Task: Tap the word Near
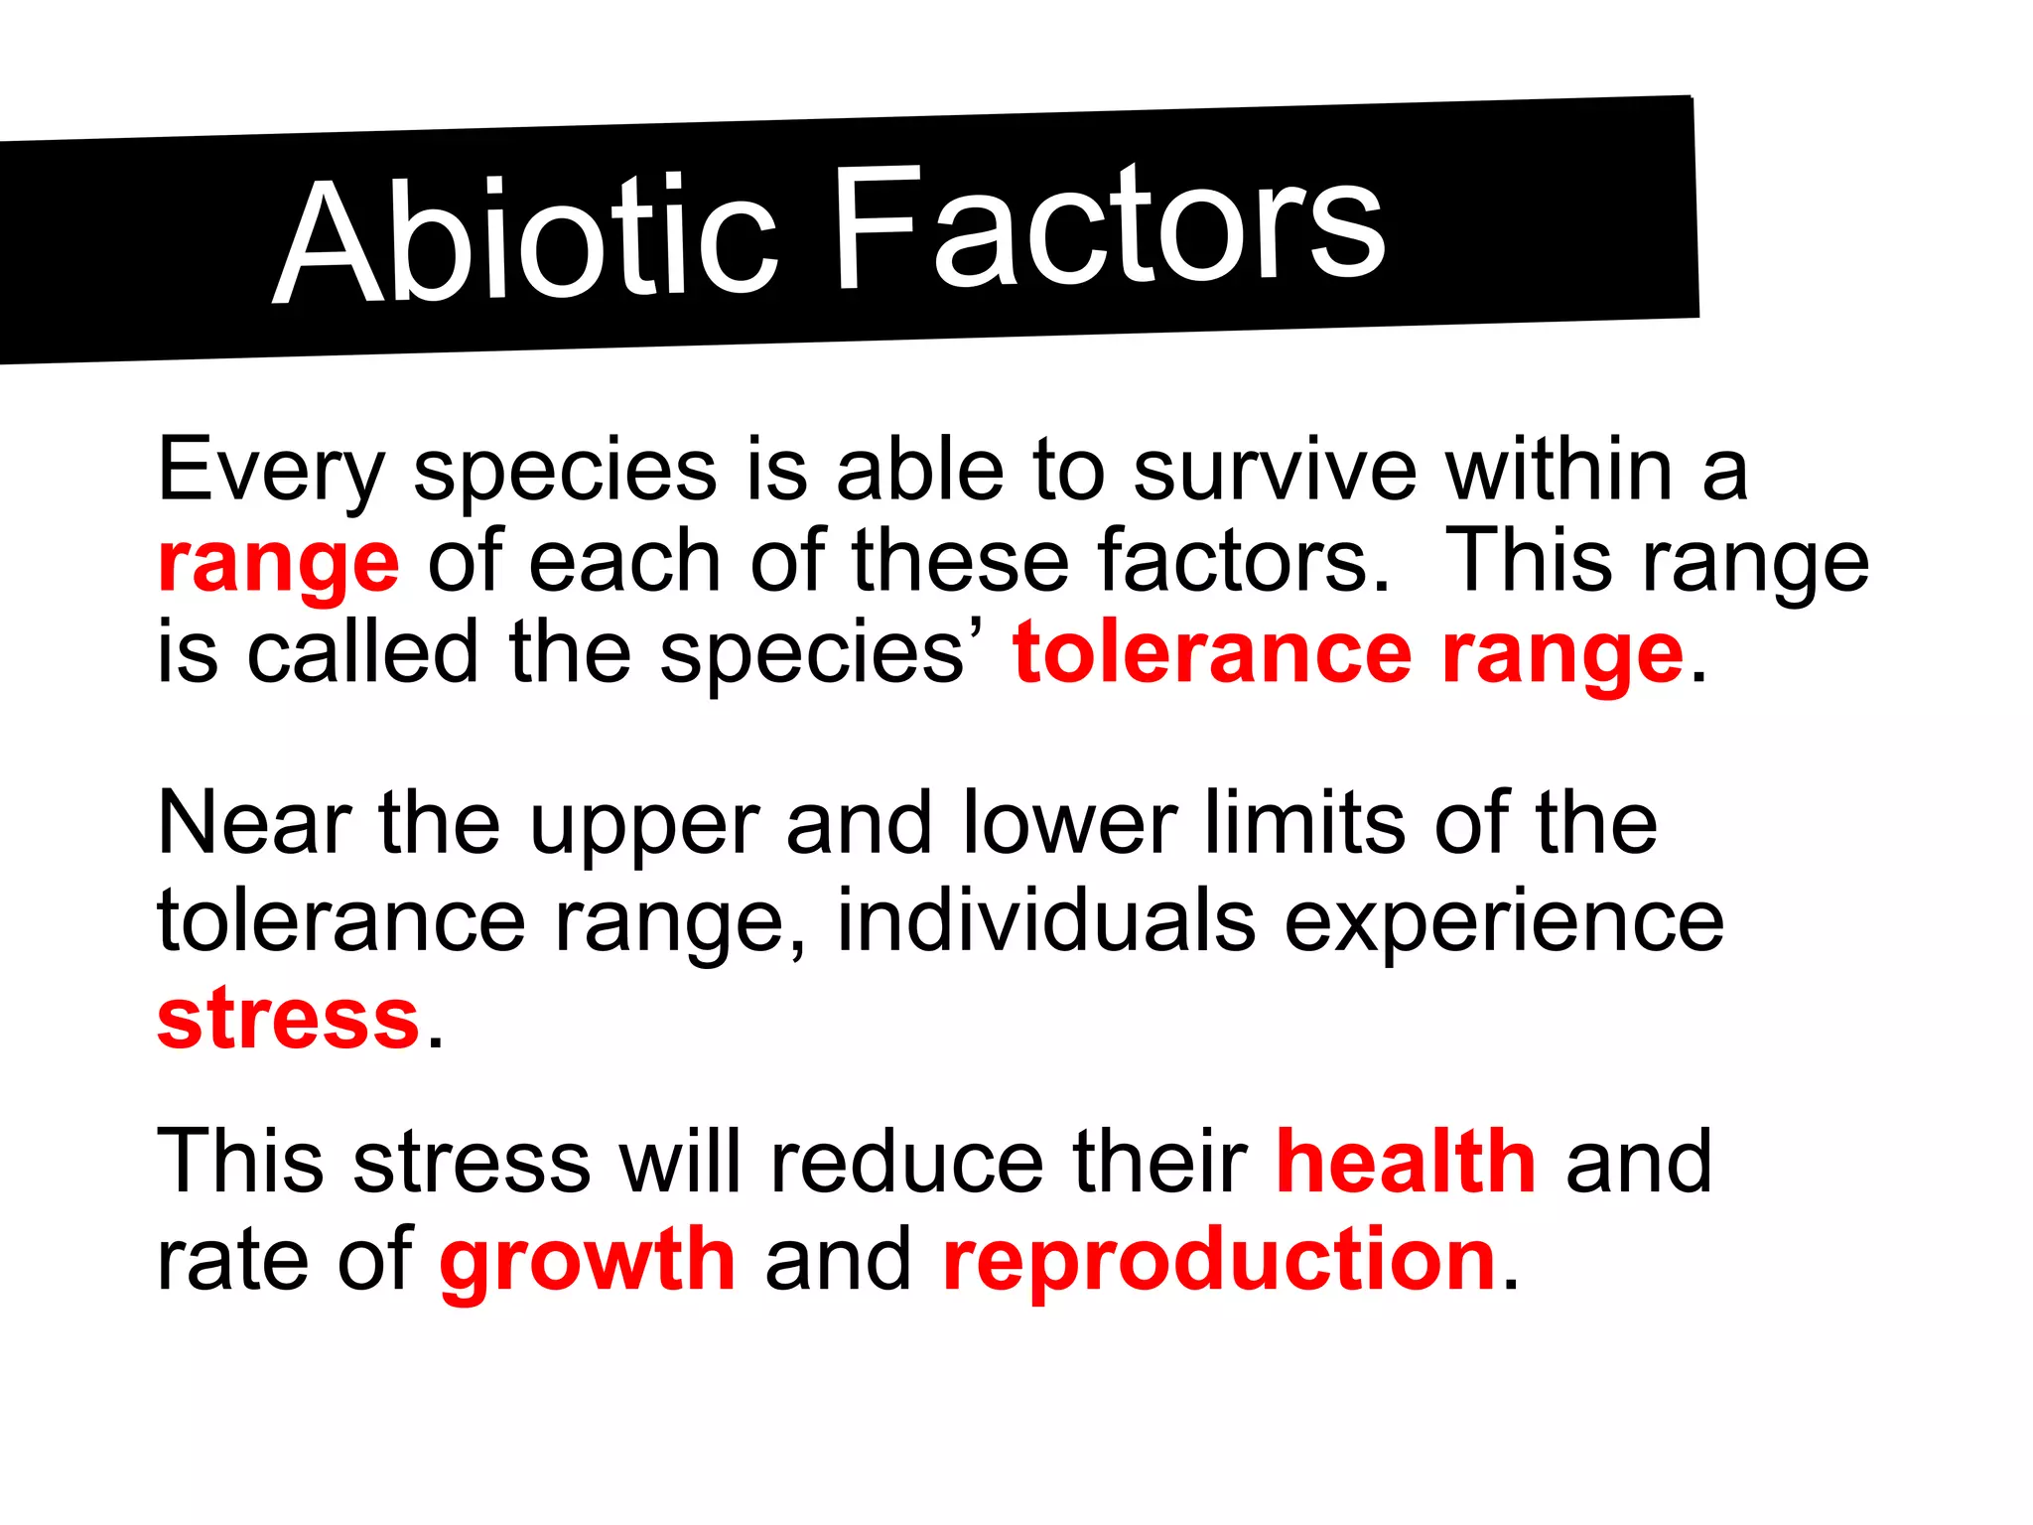coord(254,824)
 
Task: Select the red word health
coord(1406,1161)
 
